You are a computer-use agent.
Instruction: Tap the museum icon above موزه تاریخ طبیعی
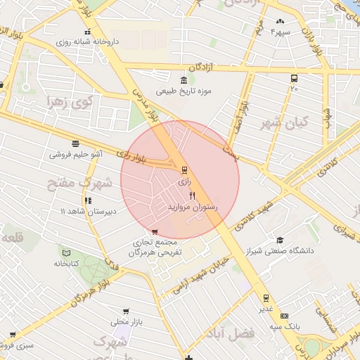tap(184, 79)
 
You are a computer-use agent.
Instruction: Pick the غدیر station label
tap(266, 309)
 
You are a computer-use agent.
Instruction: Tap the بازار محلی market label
tap(126, 322)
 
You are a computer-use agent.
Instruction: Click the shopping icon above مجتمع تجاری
tap(155, 231)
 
